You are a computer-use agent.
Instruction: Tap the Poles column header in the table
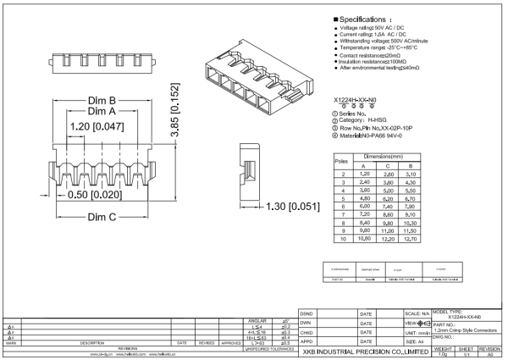(343, 159)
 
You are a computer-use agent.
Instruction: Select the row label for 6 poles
(343, 206)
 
